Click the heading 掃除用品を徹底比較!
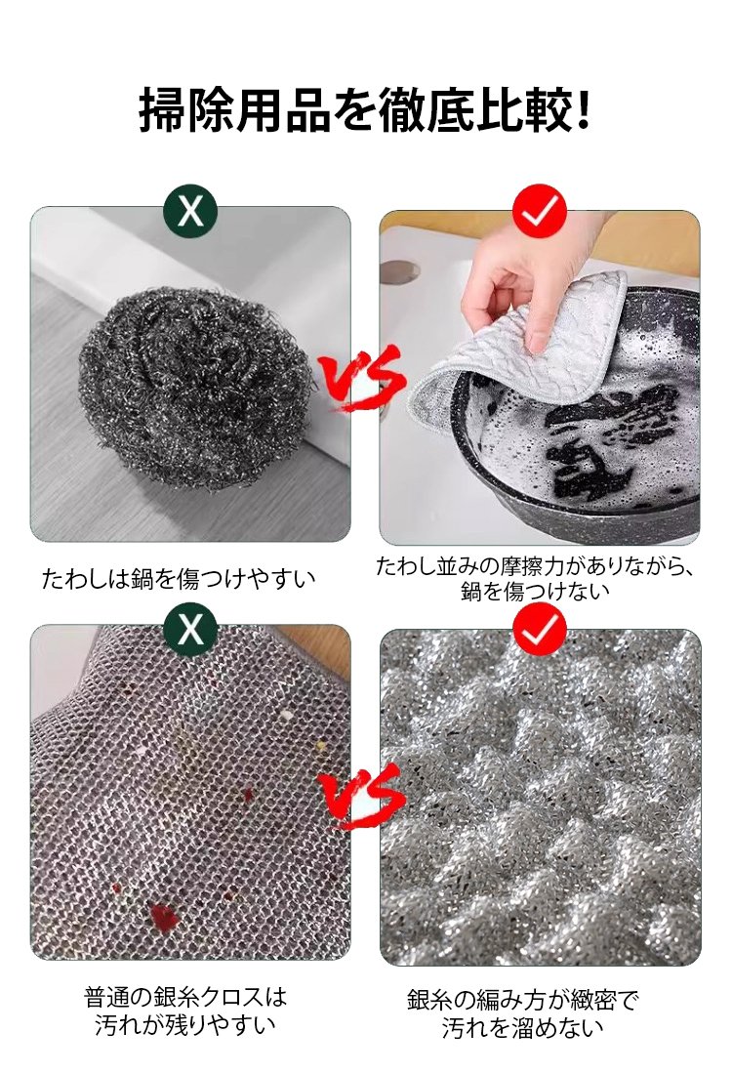click(365, 109)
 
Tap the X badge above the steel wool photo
click(190, 211)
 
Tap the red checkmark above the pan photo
click(540, 211)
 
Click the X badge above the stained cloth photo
click(190, 630)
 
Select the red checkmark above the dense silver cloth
click(540, 630)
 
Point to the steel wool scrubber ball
click(196, 388)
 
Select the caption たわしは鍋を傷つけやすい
click(179, 579)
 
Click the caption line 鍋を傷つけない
click(535, 592)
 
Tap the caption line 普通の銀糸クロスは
click(185, 996)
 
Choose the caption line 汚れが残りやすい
click(185, 1025)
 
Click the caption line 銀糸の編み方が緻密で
click(523, 1000)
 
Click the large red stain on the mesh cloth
click(163, 916)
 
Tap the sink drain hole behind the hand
click(399, 271)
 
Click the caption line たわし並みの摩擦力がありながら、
click(535, 566)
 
